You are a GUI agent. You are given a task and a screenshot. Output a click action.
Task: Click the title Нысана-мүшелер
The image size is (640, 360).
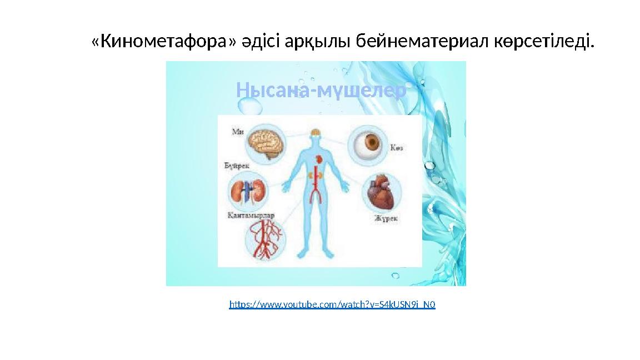[x=321, y=89]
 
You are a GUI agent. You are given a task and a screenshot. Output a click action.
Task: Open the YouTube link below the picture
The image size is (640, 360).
[x=332, y=304]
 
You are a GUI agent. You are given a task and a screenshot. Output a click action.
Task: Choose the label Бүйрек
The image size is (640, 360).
[x=237, y=166]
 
